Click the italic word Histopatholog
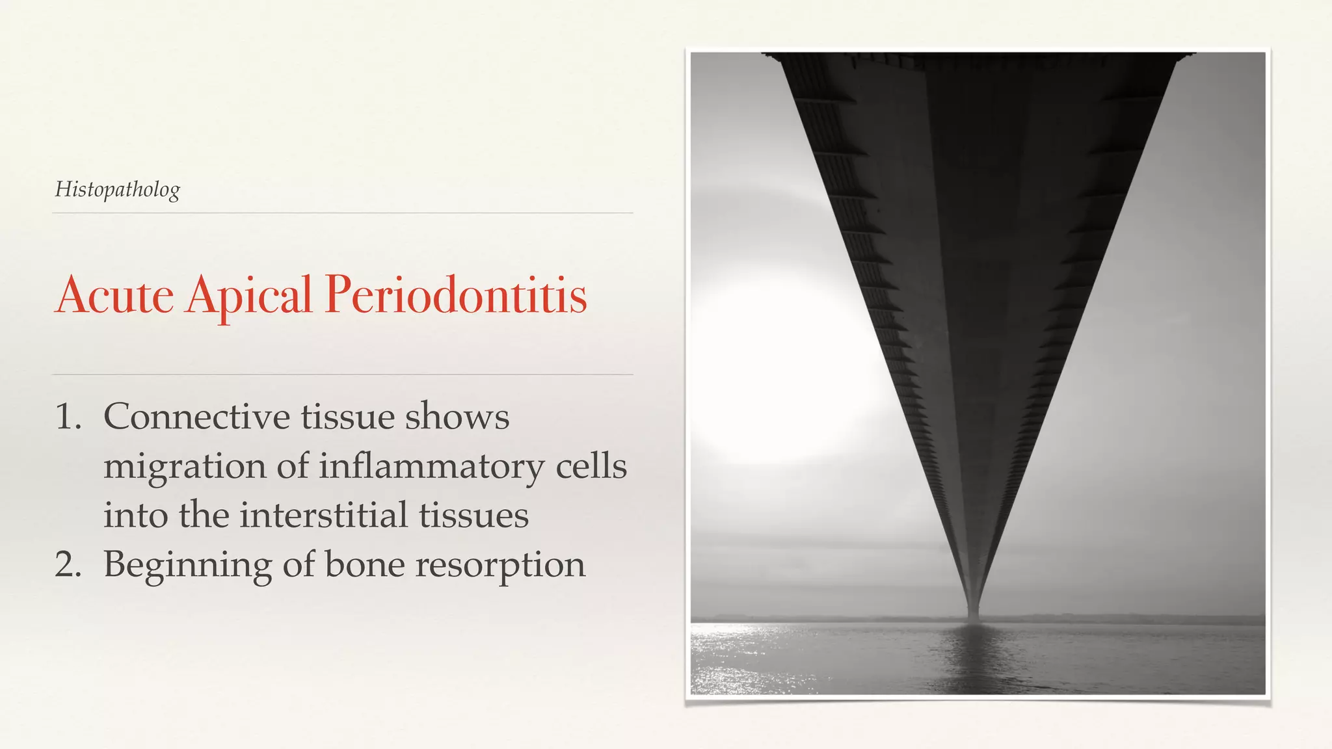pos(117,190)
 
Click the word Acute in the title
pos(114,296)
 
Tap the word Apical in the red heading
pos(248,296)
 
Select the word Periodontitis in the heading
pos(455,296)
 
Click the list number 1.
pos(68,417)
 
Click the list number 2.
pos(68,564)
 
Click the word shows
pos(457,417)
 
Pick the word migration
pos(185,467)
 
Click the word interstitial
pos(323,516)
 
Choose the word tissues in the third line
pos(473,516)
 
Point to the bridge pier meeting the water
pos(974,614)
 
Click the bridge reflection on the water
pos(972,657)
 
